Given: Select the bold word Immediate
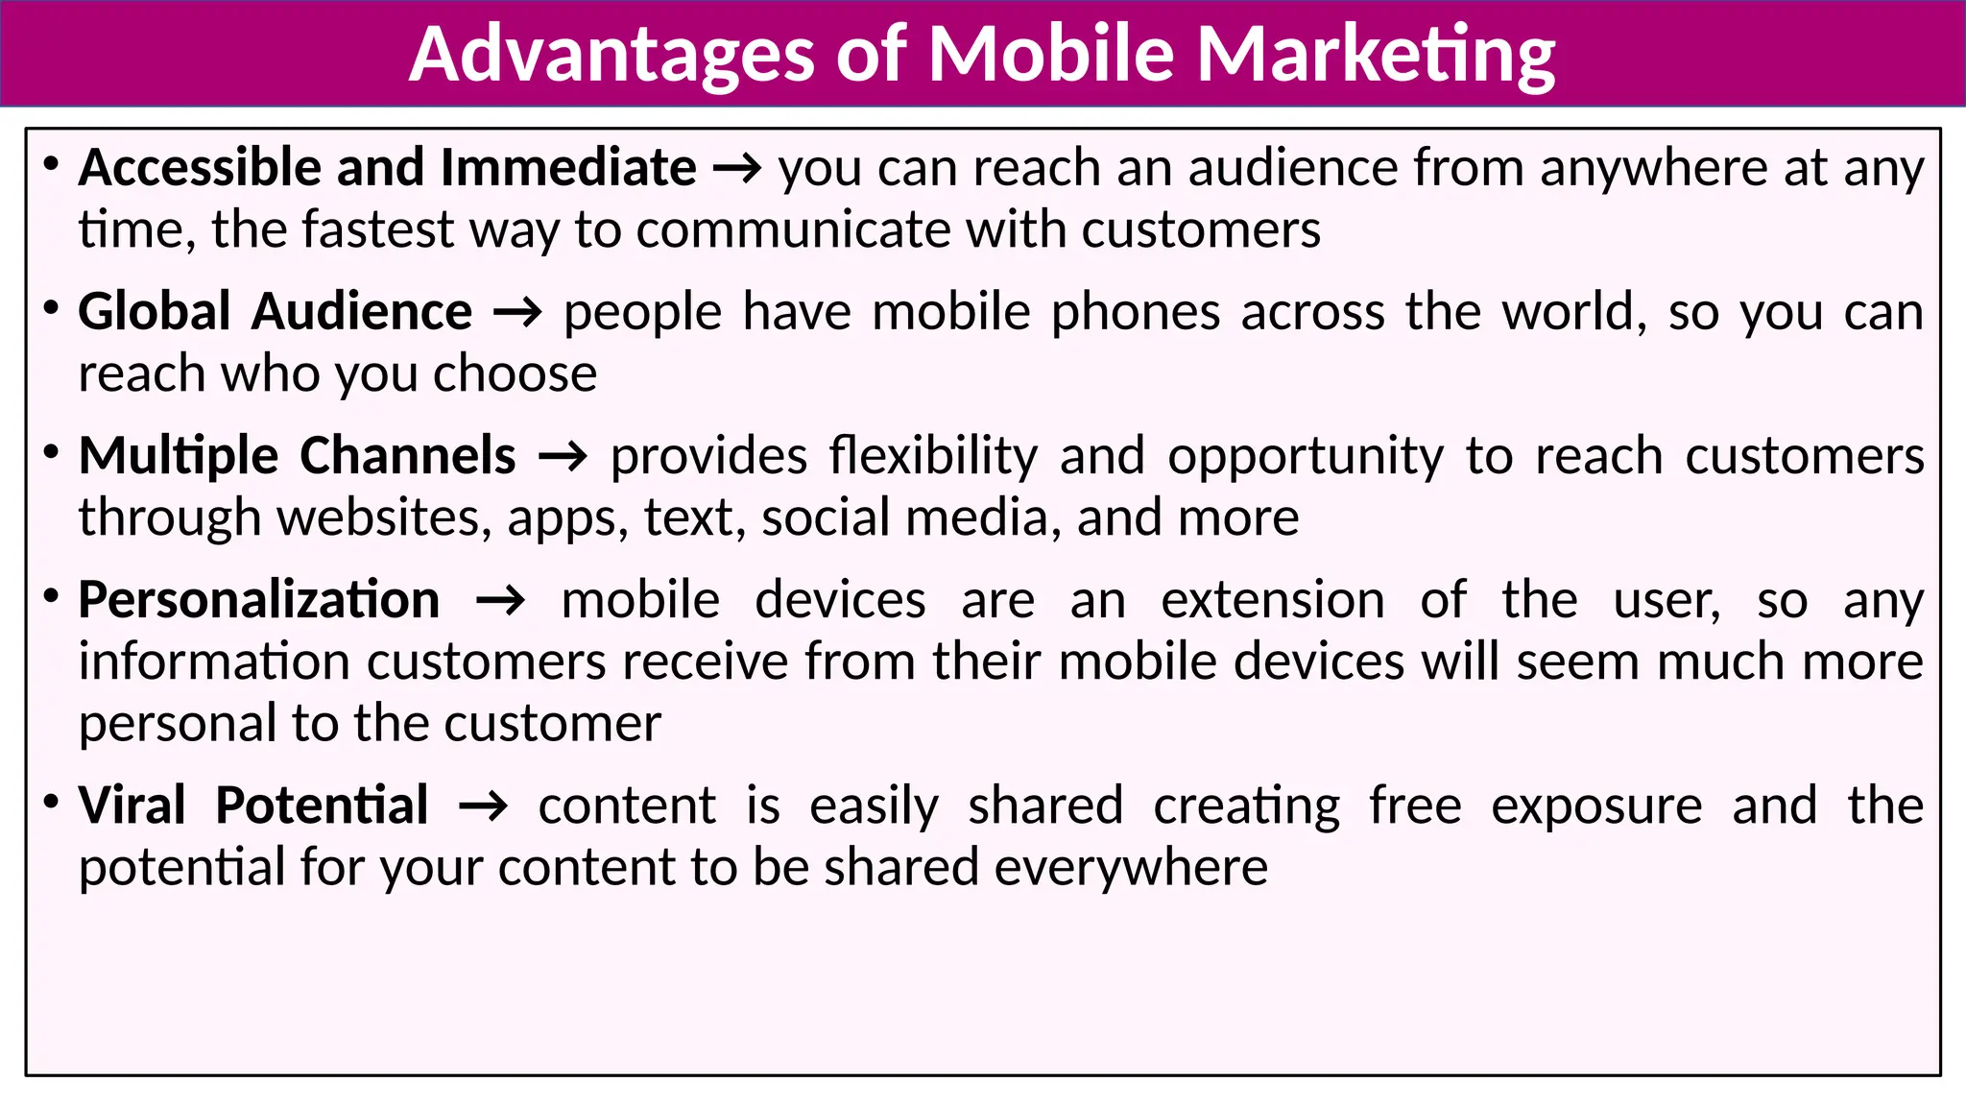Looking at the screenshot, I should pos(568,168).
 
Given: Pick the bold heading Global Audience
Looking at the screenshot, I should pos(276,312).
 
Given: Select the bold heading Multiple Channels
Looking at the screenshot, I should pos(298,456).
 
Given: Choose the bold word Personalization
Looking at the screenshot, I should pos(259,601).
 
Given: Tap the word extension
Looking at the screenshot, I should pos(1273,601).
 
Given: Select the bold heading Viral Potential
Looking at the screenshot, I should pos(253,805).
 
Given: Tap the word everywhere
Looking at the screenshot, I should pos(1131,868).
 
